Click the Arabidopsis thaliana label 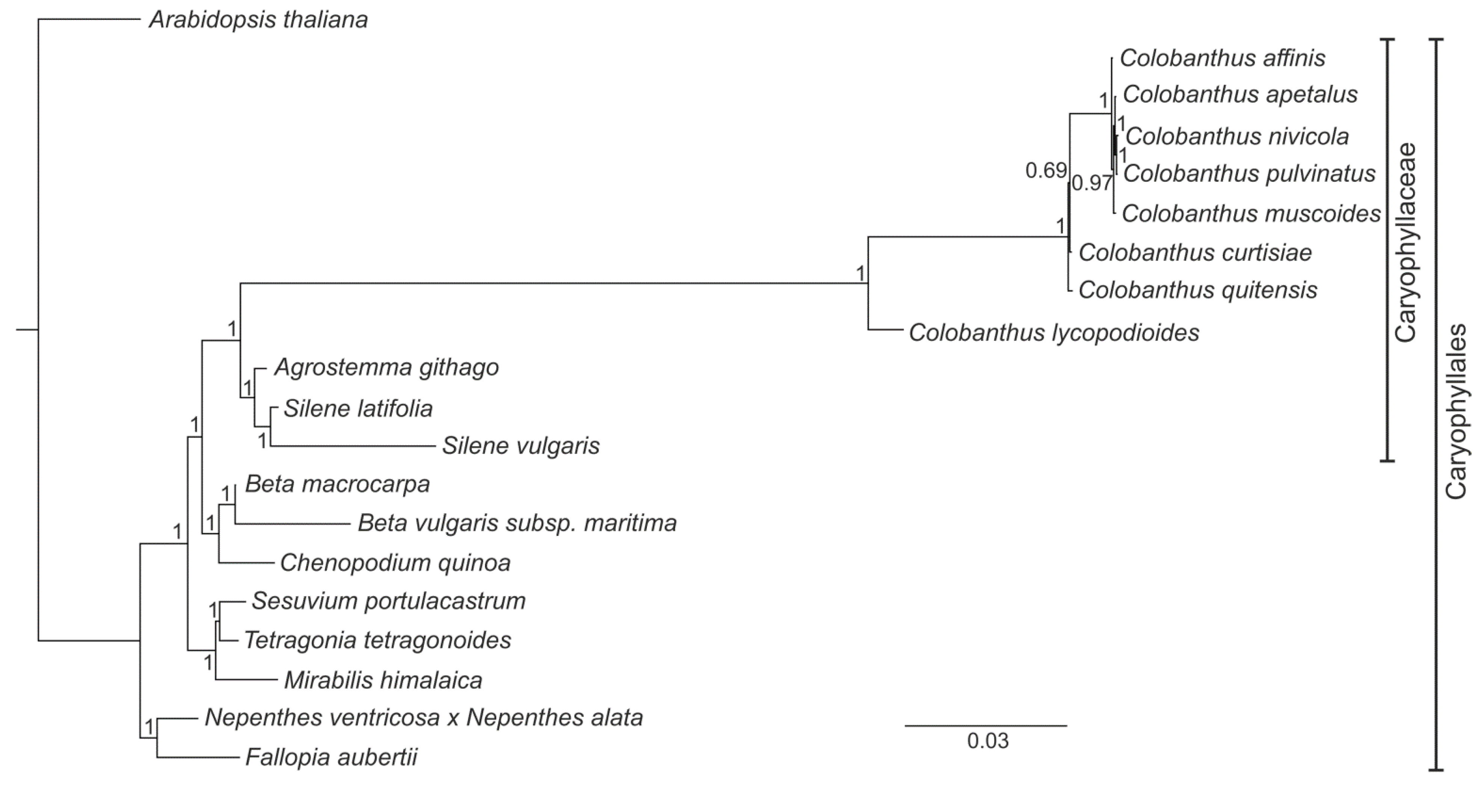click(x=258, y=20)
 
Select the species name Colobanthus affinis click(x=1222, y=58)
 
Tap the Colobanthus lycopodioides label click(x=1054, y=333)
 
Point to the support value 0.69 click(x=1046, y=171)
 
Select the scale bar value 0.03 click(x=987, y=741)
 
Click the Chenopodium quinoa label click(x=395, y=563)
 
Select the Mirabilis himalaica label click(x=383, y=681)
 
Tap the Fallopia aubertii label click(x=331, y=757)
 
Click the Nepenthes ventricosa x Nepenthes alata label click(x=424, y=718)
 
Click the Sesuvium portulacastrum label click(x=388, y=601)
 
